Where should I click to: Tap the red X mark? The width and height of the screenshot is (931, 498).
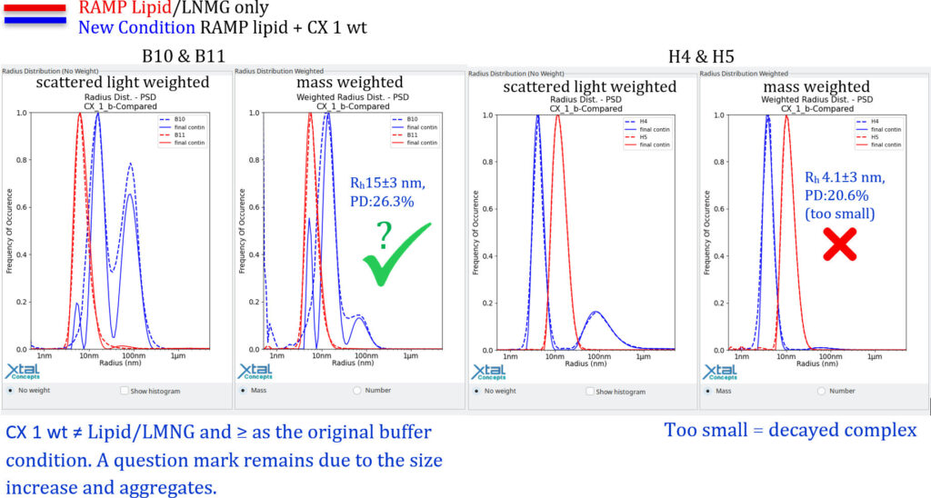point(839,244)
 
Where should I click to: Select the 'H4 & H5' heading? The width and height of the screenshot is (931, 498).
point(701,56)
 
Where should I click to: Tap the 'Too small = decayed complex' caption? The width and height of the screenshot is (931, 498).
point(790,430)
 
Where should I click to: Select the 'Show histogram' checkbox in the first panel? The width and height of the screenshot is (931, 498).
point(125,391)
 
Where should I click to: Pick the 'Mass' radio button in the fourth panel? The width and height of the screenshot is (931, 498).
point(706,391)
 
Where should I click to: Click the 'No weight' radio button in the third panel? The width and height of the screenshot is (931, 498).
point(476,391)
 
